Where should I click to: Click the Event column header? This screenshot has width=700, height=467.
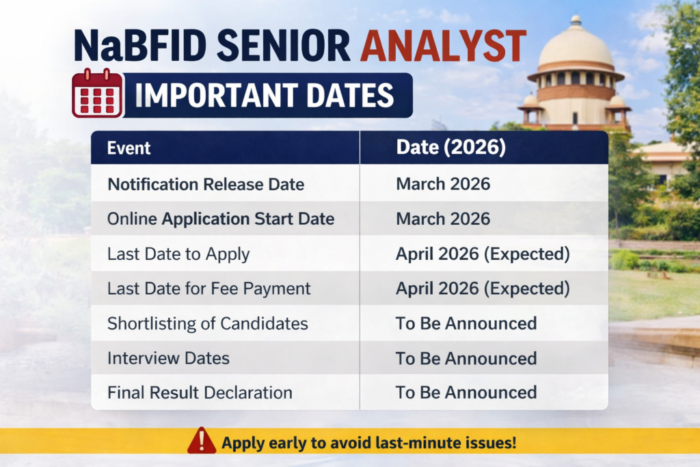coord(129,148)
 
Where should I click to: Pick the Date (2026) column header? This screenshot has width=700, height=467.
coord(450,148)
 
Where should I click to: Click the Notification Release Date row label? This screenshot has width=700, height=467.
coord(205,185)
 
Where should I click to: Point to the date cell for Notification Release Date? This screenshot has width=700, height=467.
coord(442,185)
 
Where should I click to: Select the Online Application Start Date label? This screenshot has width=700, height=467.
coord(220,219)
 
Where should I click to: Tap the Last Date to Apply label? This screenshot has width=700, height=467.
coord(178,254)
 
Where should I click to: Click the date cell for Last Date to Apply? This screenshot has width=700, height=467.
coord(482,254)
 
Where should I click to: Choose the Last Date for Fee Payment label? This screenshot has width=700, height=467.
coord(208,289)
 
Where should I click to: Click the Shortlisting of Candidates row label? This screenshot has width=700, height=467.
coord(207,323)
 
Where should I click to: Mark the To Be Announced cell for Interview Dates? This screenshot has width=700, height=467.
coord(466,358)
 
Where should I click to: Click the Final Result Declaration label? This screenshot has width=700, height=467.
coord(200,392)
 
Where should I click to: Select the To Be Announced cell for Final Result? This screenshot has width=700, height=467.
coord(466,392)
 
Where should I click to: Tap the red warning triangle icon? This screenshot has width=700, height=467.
coord(202,442)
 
